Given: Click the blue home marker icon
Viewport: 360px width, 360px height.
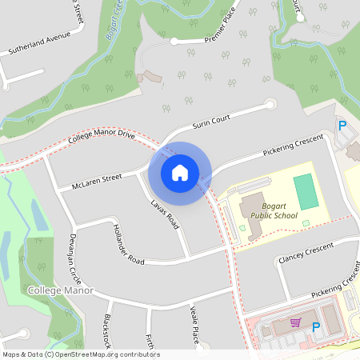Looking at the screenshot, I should coord(180,173).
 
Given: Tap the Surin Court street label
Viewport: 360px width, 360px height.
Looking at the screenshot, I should coord(211,123).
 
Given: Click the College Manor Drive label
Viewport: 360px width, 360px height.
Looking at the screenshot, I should coord(102,137).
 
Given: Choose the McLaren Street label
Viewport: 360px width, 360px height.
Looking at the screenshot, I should coord(96,181).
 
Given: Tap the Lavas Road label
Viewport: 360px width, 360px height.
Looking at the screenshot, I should coord(164,215).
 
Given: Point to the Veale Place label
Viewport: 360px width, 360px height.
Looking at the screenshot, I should coord(194,325).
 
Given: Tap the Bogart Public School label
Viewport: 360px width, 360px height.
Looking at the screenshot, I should coord(274,209).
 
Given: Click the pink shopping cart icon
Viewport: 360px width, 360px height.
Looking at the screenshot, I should coord(295,323).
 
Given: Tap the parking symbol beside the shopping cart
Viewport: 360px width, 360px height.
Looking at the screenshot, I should coord(316,326).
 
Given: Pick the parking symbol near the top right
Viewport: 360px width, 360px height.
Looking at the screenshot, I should coord(342,126).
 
